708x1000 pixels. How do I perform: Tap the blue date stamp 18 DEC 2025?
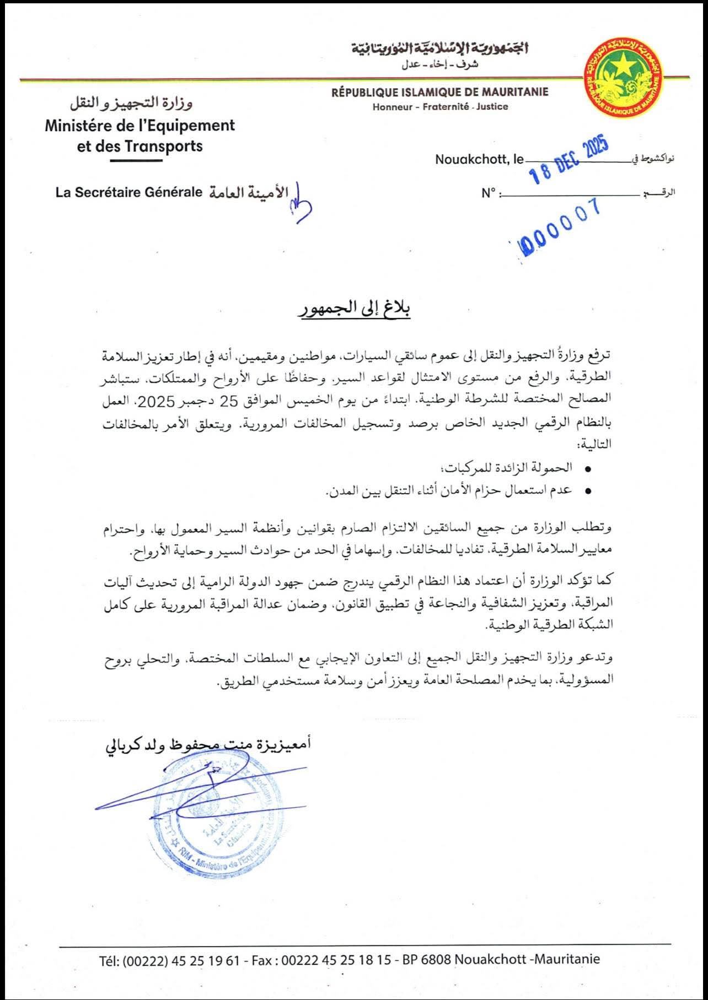(568, 159)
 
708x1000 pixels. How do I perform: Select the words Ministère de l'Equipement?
(140, 126)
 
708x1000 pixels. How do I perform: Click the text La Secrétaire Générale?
(129, 193)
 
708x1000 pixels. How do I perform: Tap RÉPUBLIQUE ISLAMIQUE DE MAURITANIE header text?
(439, 92)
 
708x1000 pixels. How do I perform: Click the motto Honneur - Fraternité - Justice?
(440, 107)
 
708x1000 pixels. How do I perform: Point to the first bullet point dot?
(587, 469)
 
